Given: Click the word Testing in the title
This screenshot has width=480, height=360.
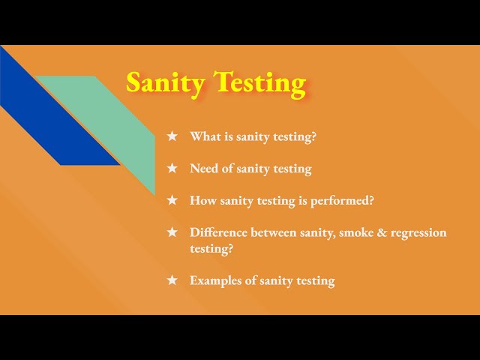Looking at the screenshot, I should coord(259,82).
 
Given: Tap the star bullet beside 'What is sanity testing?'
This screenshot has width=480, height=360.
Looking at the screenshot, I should coord(172,136).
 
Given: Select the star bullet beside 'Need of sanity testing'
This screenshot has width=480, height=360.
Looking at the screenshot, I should coord(172,169).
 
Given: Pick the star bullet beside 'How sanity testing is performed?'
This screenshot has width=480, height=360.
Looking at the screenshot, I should coord(172,200).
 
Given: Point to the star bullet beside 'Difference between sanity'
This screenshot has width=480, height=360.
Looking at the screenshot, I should coord(172,232).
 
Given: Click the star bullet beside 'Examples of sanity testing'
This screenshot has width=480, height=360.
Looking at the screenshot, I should coord(172,280).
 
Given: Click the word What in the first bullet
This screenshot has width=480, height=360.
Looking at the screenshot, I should coord(205,136).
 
